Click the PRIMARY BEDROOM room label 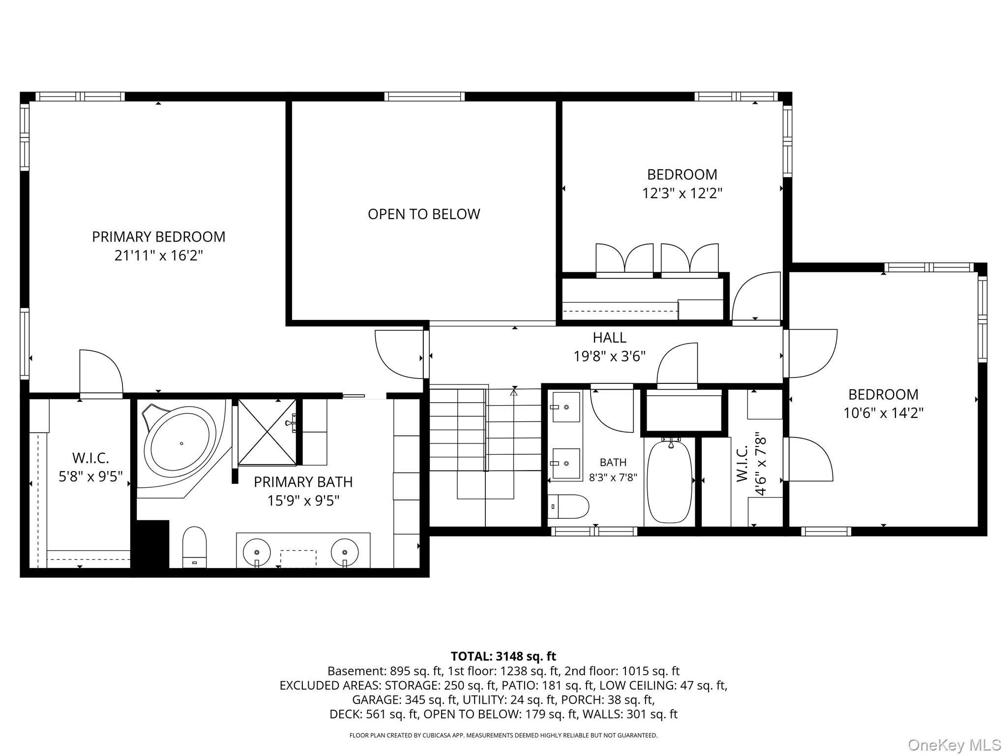(158, 237)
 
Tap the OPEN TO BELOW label (424, 214)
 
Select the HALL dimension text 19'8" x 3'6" (609, 356)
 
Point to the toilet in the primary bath (194, 547)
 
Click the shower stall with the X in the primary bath (267, 432)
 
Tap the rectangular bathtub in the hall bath (669, 481)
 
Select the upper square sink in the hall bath (566, 407)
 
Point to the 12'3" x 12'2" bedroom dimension (682, 193)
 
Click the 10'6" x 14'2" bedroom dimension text (883, 413)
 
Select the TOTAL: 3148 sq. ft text (503, 656)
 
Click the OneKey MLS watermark (954, 745)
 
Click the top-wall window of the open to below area (424, 96)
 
